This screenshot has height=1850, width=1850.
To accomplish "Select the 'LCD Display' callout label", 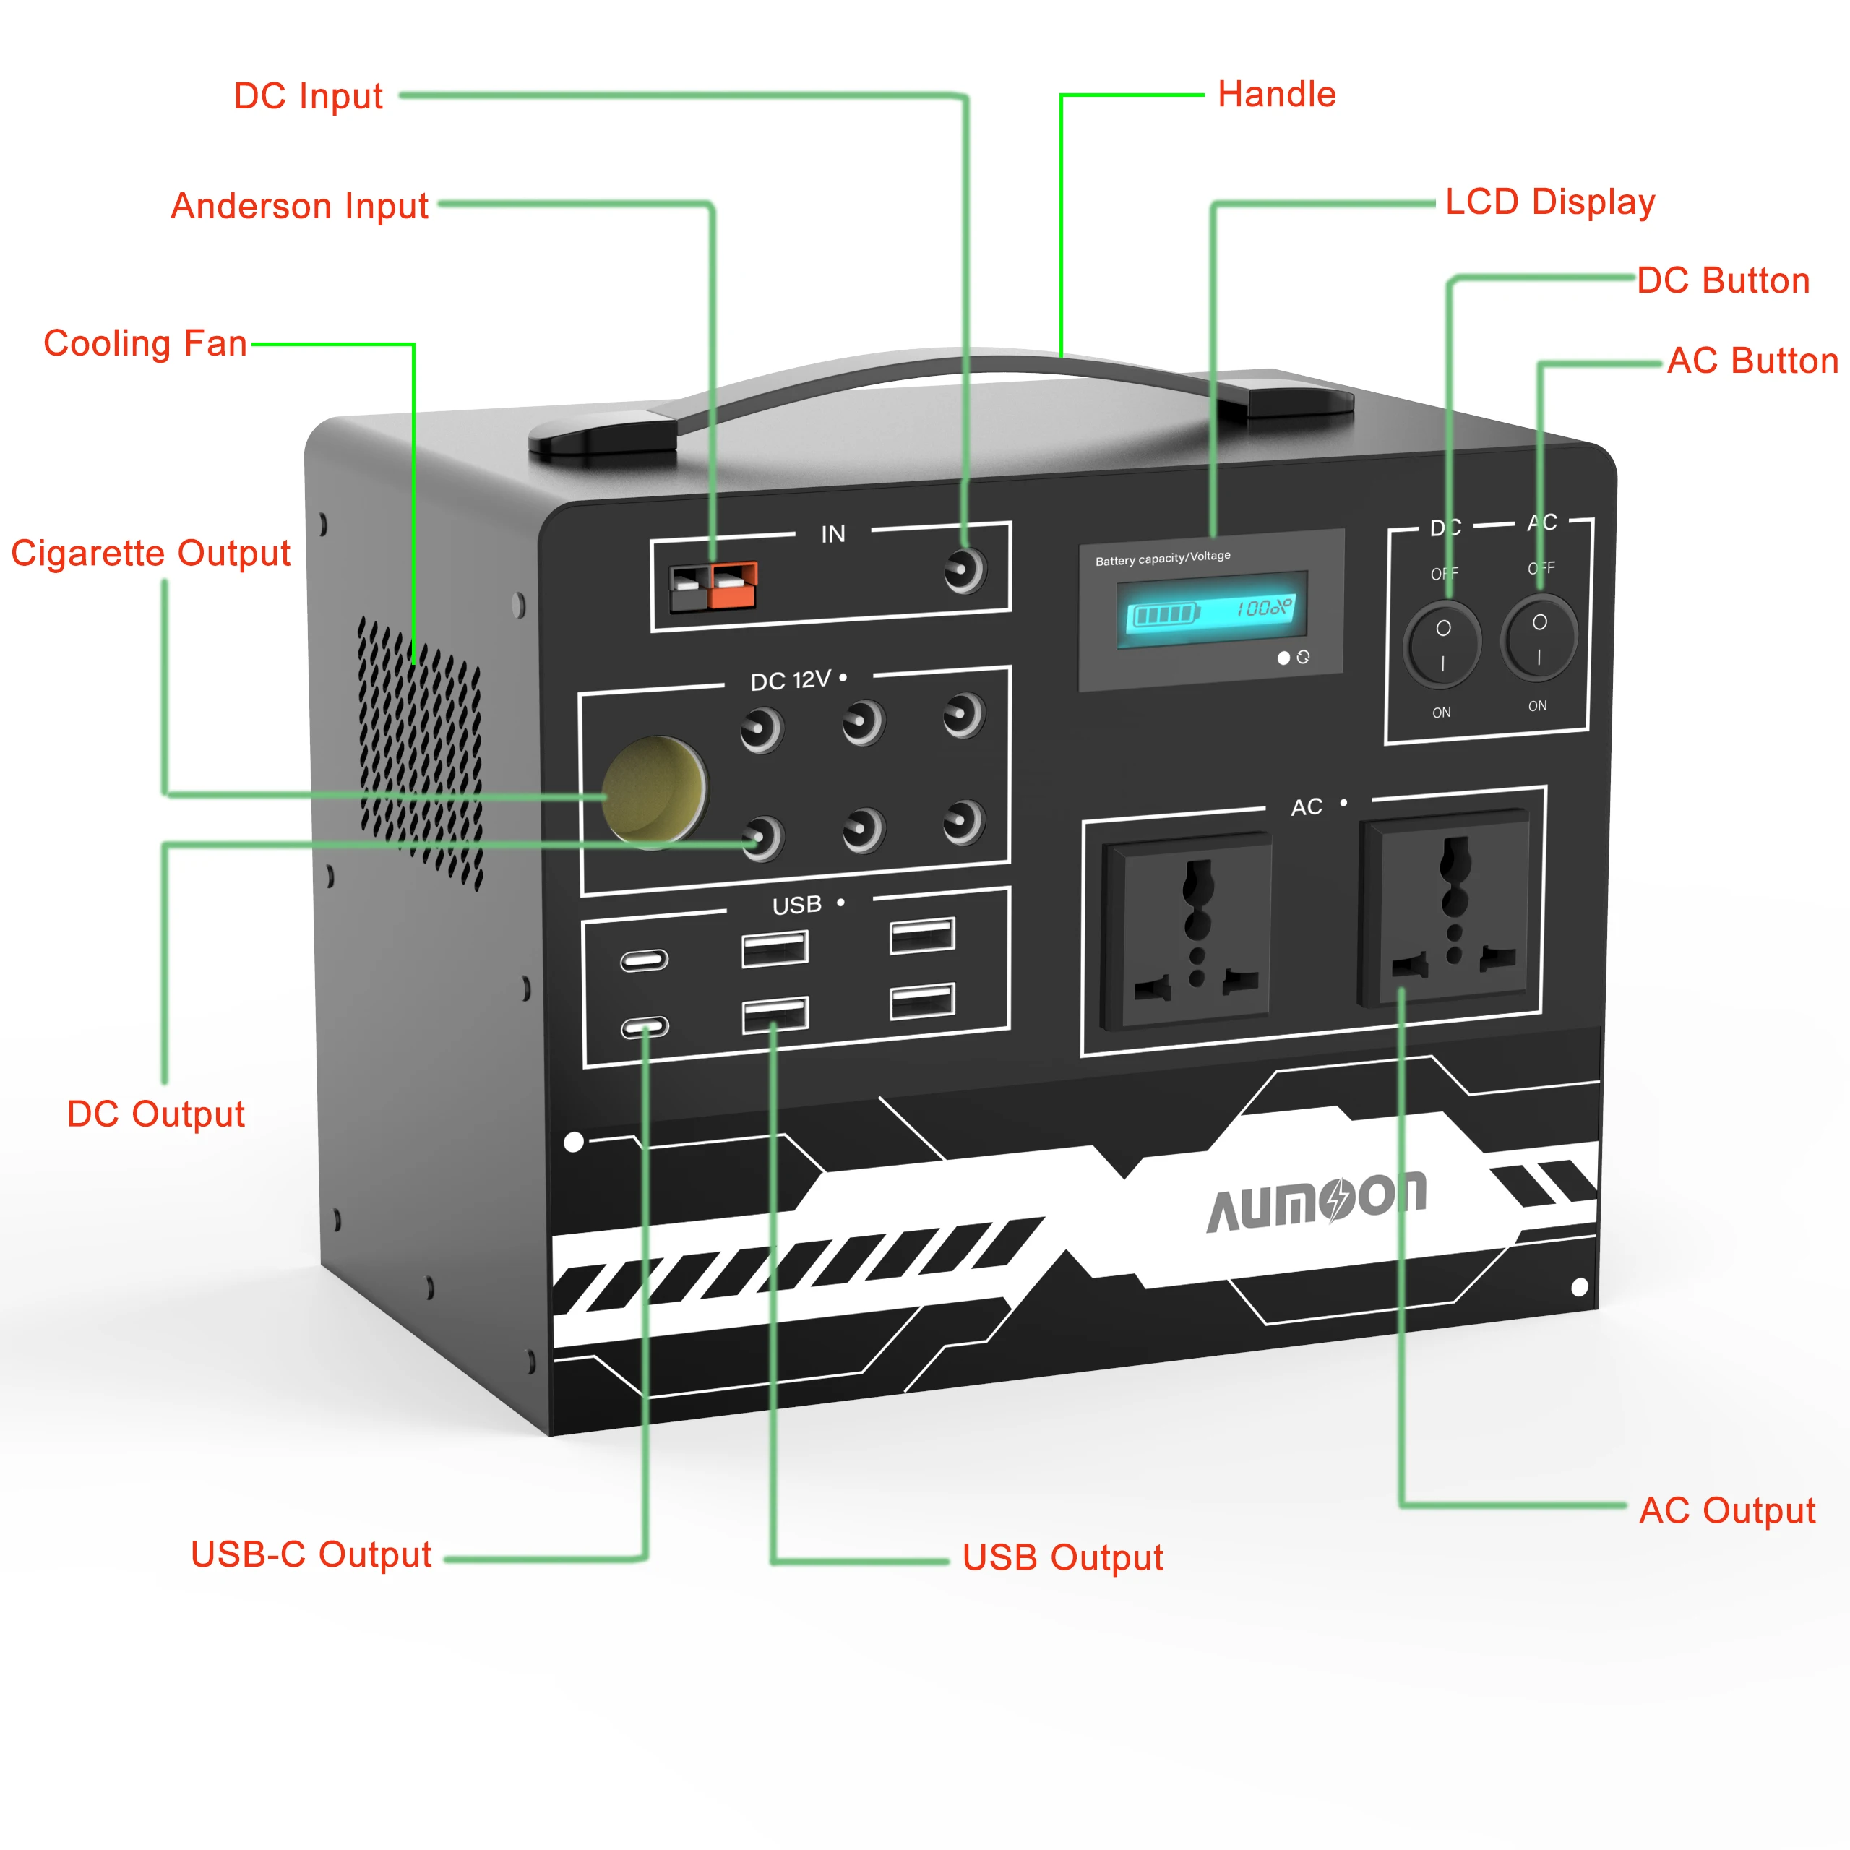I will click(x=1549, y=202).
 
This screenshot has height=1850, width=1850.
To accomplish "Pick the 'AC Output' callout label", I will click(x=1726, y=1510).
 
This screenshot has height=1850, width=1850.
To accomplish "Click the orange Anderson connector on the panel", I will click(x=733, y=586).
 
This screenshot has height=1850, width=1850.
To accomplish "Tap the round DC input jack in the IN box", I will click(x=963, y=571).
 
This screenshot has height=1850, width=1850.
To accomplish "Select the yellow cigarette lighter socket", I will click(x=654, y=791).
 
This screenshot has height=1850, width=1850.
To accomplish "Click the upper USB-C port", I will click(x=643, y=960).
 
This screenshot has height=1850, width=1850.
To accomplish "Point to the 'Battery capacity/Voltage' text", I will click(x=1163, y=559).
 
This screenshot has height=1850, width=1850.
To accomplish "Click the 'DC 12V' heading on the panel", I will click(x=790, y=680).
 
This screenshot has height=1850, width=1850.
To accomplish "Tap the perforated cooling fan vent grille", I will click(x=419, y=752).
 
